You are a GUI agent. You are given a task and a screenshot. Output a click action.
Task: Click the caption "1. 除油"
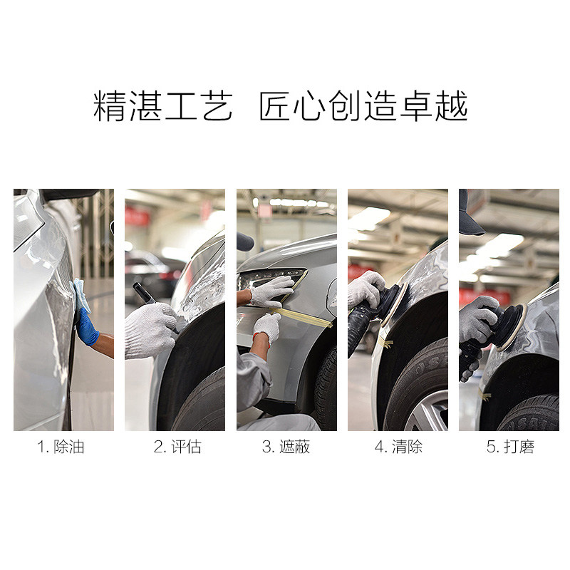coord(63,447)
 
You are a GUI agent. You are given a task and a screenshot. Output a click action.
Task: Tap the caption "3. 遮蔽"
coord(286,447)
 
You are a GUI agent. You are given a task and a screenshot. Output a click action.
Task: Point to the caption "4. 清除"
coord(398,447)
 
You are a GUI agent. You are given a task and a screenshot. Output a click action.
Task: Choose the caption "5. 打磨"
coord(509,447)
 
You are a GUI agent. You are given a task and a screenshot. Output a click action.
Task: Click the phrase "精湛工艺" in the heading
coord(163,108)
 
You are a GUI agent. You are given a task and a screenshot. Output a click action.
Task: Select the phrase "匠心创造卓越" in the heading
coord(363,108)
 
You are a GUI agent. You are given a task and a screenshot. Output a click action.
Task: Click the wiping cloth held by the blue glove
coord(81,294)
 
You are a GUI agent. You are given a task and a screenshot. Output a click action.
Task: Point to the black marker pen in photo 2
coord(145,293)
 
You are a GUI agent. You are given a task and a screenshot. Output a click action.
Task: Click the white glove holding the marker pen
coord(150,330)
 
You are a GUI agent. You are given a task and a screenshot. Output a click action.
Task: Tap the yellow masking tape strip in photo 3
coord(303,316)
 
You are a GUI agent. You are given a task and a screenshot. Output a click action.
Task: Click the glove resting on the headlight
coord(271,291)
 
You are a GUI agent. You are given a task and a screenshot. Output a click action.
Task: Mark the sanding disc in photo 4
coord(395,303)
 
